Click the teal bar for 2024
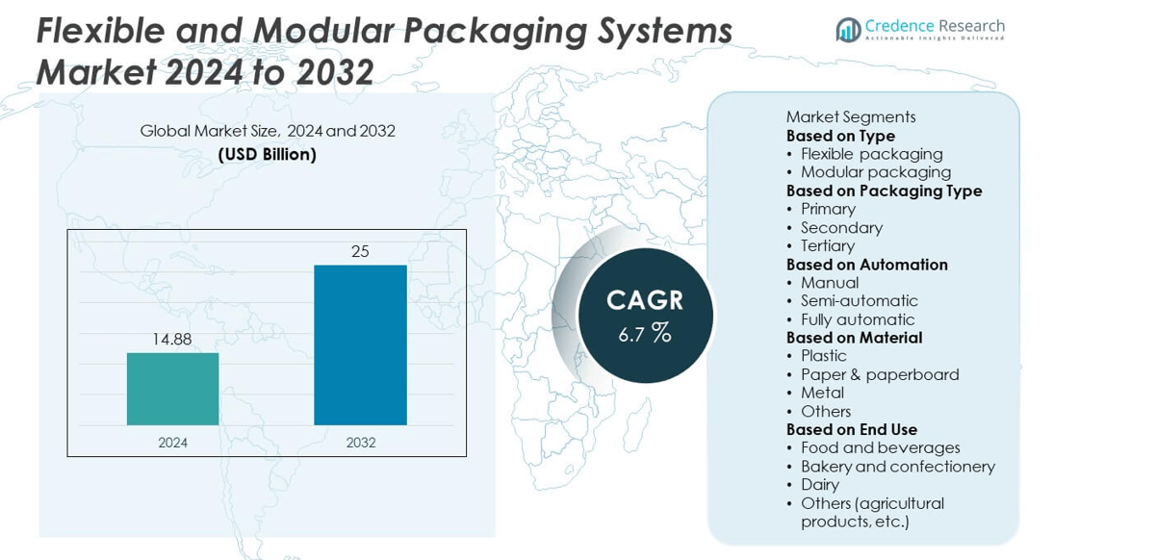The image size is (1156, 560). pos(172,389)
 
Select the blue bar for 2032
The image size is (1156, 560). pos(360,344)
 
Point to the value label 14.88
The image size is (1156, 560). pos(172,340)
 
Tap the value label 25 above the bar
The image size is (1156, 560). pos(360,252)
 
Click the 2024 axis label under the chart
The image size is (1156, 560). pos(172,443)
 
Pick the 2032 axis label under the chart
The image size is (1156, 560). pos(360,443)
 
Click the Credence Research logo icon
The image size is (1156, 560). pos(848,30)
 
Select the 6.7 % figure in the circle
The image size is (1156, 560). pos(645,334)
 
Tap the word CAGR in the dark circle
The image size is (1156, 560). pos(645,300)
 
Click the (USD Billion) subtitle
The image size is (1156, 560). pos(267,154)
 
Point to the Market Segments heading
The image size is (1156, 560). pos(850,116)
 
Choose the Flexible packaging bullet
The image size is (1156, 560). pos(871,154)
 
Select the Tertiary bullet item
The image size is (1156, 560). pos(827,245)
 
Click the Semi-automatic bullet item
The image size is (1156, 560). pos(859,301)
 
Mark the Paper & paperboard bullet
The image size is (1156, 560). pos(879,374)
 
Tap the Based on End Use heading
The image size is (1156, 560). pos(851,429)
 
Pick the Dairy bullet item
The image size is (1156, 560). pos(819,485)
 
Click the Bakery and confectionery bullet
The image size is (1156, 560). pos(897,467)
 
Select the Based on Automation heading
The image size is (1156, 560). pos(866,265)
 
